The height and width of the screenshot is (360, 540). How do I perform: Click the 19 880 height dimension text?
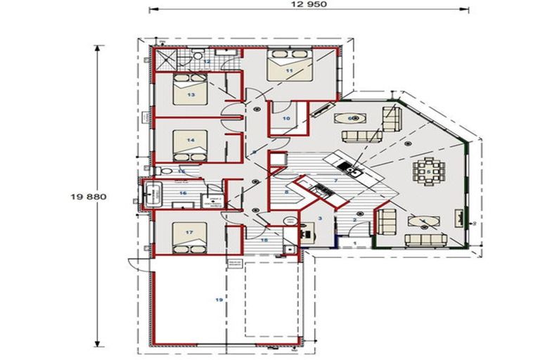pyautogui.click(x=88, y=197)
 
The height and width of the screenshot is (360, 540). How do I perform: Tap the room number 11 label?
pyautogui.click(x=289, y=71)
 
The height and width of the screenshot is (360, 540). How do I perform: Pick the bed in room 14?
pyautogui.click(x=188, y=143)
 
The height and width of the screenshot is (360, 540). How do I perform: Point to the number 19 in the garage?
pyautogui.click(x=219, y=300)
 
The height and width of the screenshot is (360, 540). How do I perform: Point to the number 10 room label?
pyautogui.click(x=286, y=119)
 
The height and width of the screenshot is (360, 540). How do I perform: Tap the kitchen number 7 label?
pyautogui.click(x=336, y=181)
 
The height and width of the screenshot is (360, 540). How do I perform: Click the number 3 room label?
pyautogui.click(x=320, y=219)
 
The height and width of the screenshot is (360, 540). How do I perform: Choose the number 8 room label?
pyautogui.click(x=287, y=191)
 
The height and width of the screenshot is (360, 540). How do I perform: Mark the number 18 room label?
pyautogui.click(x=264, y=240)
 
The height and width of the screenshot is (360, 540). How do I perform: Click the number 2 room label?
pyautogui.click(x=354, y=220)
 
